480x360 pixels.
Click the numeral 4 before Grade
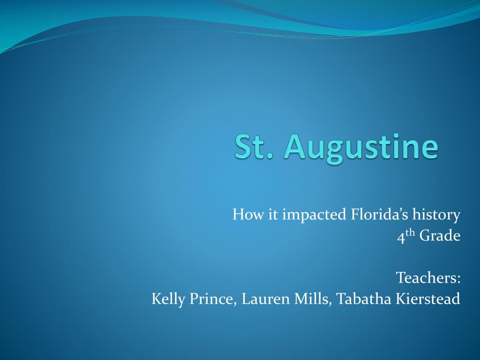click(x=401, y=237)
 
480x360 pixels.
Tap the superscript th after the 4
click(x=410, y=233)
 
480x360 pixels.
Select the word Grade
click(x=440, y=236)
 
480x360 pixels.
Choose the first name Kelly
click(x=168, y=299)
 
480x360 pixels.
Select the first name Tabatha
click(x=361, y=299)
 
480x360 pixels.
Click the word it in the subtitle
click(x=273, y=215)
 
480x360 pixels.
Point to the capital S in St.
click(x=243, y=146)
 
